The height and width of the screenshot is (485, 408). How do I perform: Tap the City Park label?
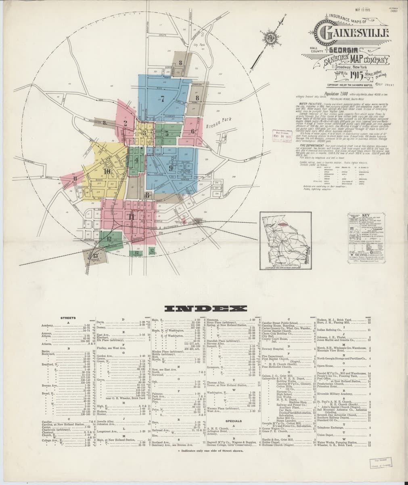tap(199, 45)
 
